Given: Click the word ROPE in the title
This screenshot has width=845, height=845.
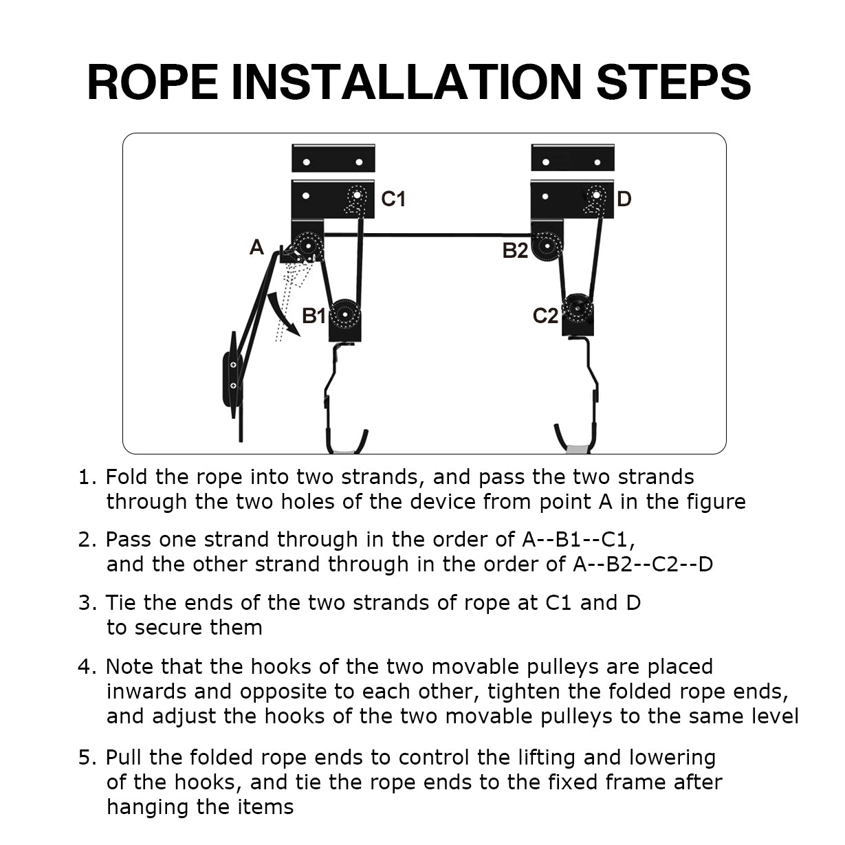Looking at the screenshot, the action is tap(152, 83).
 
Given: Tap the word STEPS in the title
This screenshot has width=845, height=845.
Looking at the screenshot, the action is tap(673, 83).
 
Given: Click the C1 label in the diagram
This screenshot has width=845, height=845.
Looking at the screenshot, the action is tap(393, 199).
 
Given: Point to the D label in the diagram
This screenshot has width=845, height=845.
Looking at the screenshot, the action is tap(624, 199).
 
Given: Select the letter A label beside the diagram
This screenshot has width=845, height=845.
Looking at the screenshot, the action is tap(256, 248).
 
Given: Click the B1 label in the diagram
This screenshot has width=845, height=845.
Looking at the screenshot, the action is tap(313, 316).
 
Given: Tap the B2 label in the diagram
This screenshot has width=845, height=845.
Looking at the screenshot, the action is tap(515, 251).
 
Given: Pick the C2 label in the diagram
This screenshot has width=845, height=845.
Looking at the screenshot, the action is tap(545, 316).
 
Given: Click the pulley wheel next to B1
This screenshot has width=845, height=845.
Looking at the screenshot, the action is tap(345, 314).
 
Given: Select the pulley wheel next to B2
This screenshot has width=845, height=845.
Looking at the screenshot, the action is tap(547, 246).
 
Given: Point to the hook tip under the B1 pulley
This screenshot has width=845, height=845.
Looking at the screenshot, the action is tap(365, 432).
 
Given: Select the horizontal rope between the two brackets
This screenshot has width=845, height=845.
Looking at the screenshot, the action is tap(427, 235).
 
